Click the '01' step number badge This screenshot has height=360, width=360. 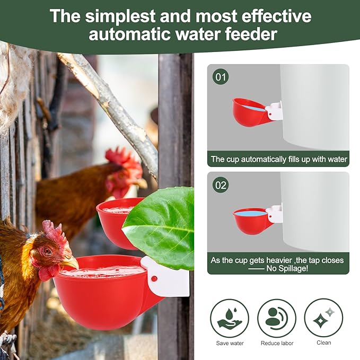click(221, 77)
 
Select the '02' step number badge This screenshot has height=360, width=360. click(221, 185)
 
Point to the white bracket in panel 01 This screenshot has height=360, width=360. click(274, 110)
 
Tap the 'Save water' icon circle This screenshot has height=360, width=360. click(230, 318)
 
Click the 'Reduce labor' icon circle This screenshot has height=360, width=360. click(277, 318)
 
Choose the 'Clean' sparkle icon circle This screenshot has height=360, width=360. click(323, 318)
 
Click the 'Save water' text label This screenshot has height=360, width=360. click(230, 343)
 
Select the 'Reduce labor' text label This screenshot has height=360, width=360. click(277, 343)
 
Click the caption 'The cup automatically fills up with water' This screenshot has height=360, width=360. click(278, 159)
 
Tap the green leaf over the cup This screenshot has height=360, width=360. click(161, 225)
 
